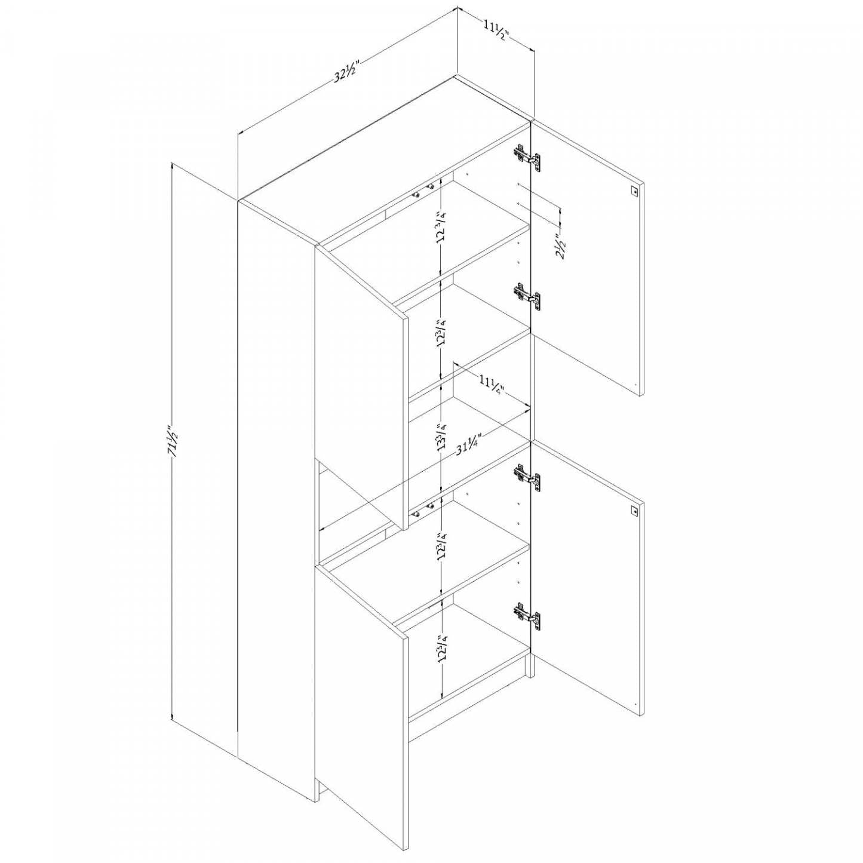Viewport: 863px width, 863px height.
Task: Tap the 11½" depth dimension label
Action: click(495, 30)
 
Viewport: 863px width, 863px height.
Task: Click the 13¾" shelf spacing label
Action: click(441, 437)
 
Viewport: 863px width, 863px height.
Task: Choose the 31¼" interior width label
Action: click(468, 444)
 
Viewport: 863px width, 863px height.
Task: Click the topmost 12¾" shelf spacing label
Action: click(441, 226)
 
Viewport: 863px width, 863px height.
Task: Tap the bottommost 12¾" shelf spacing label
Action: click(441, 647)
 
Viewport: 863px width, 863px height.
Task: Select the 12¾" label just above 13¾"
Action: click(441, 333)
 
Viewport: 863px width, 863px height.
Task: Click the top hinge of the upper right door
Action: click(527, 157)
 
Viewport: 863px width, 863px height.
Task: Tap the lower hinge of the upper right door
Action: click(527, 295)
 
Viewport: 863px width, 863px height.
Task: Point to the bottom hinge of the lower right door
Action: click(527, 616)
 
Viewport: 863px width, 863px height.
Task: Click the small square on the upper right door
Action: click(634, 191)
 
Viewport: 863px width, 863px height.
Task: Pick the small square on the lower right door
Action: click(634, 511)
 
